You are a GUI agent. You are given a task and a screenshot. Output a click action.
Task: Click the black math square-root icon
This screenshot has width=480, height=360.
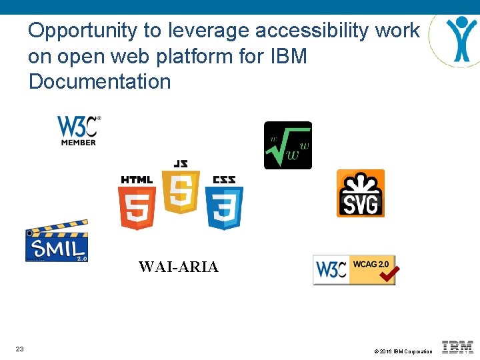288,145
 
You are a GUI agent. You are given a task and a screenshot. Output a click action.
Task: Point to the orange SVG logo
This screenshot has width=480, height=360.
361,193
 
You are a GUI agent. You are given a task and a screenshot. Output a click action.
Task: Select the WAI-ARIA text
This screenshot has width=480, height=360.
178,267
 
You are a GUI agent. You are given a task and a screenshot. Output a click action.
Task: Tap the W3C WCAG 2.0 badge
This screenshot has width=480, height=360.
355,270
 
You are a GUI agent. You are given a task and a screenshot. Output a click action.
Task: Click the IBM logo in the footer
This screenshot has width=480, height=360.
457,347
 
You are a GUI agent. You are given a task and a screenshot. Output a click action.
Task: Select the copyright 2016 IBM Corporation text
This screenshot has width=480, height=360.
403,351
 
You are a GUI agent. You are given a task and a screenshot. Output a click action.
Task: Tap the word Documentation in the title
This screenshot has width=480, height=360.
100,82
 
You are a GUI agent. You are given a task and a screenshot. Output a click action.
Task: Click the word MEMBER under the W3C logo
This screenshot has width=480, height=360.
79,141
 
